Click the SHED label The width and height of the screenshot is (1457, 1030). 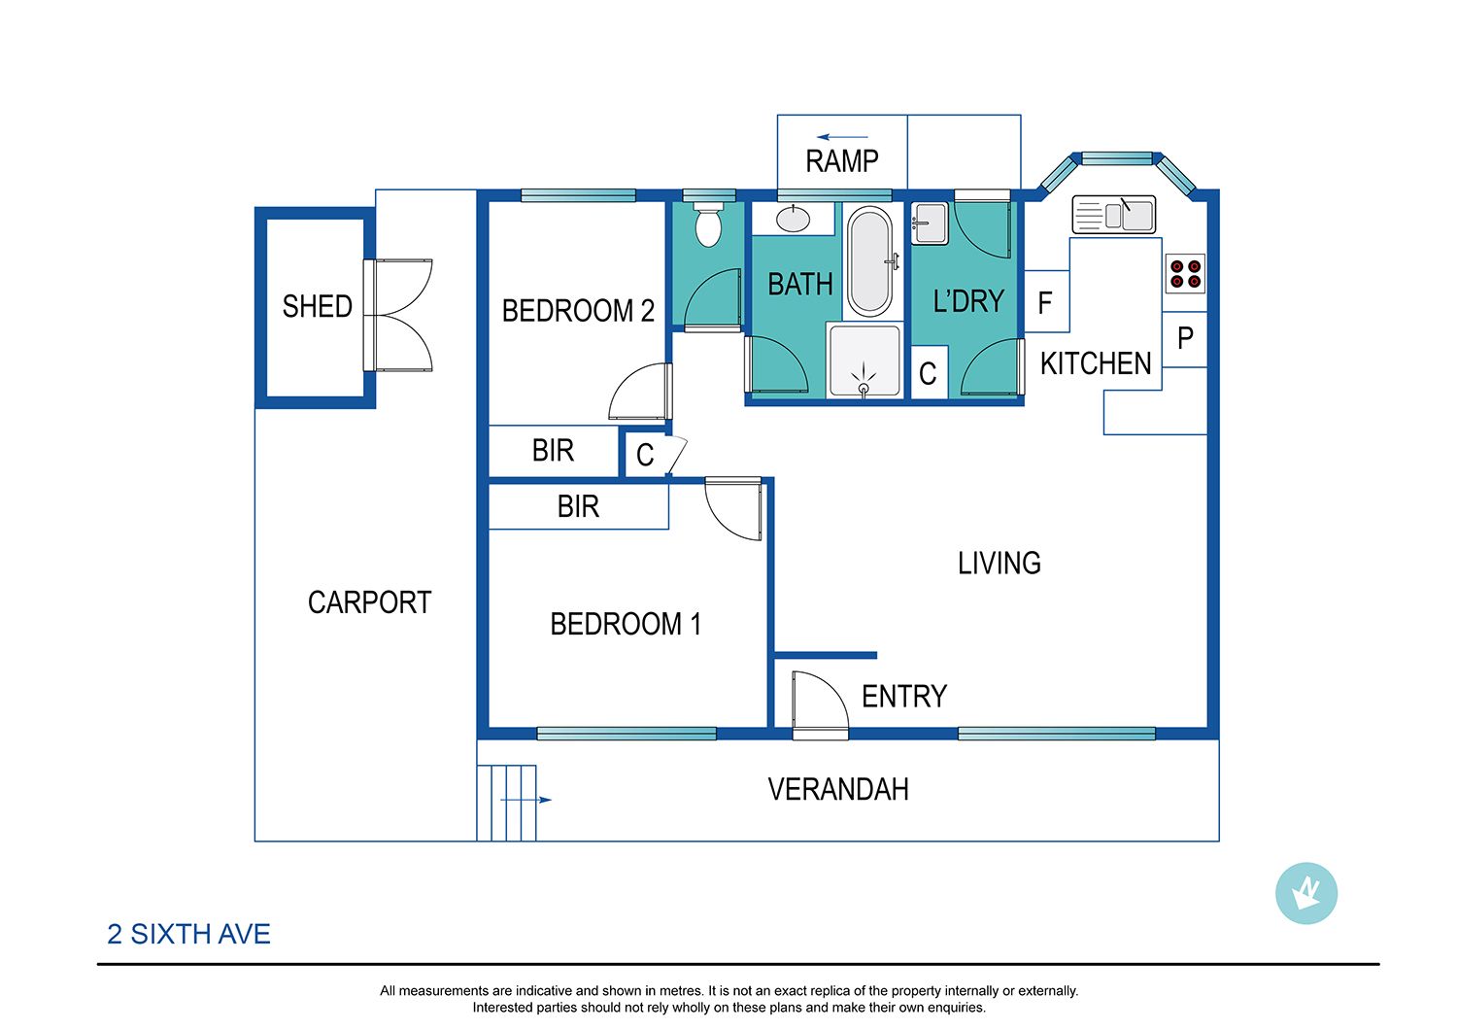(x=318, y=306)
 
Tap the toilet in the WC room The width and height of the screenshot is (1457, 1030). (x=708, y=223)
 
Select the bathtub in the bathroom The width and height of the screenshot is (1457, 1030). (x=871, y=261)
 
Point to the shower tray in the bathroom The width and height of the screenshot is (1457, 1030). (x=864, y=360)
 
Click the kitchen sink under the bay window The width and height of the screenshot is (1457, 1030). (x=1113, y=214)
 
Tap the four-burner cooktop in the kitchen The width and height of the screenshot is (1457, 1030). (x=1185, y=273)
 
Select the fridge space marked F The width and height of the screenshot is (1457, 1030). (x=1046, y=301)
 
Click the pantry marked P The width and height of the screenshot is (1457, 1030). (x=1185, y=339)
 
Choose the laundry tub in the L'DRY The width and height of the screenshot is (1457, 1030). (x=930, y=223)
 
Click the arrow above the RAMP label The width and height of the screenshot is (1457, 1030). (x=842, y=137)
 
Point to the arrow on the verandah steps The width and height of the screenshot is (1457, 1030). (x=525, y=800)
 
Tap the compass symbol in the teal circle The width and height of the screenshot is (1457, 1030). (x=1306, y=893)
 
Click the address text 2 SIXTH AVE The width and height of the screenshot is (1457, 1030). (x=188, y=935)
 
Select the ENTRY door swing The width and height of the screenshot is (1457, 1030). (x=820, y=705)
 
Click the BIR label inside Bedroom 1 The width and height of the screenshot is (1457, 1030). (x=578, y=506)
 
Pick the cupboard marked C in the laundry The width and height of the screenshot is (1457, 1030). (x=929, y=372)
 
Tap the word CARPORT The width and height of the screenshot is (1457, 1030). (x=369, y=602)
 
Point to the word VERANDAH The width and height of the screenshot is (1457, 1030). (x=837, y=789)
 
